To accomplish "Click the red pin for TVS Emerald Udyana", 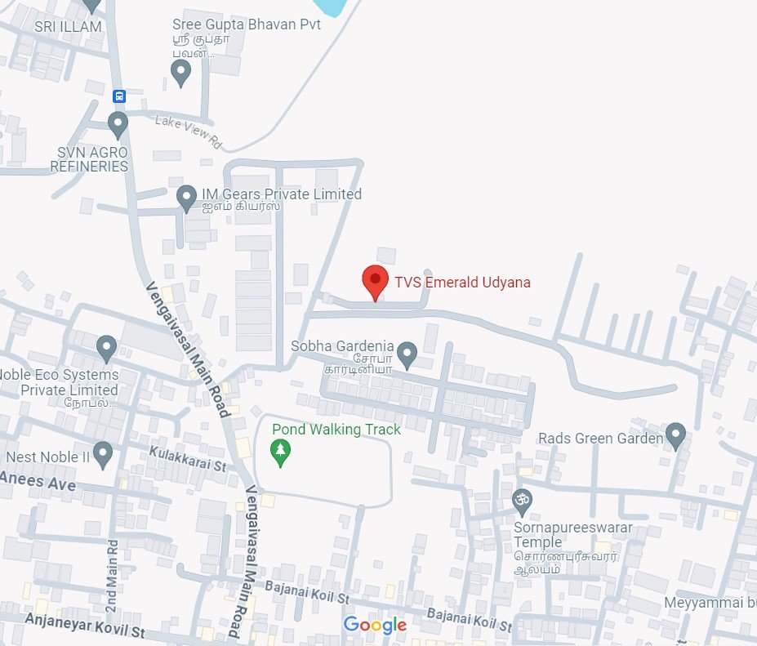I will (x=375, y=282).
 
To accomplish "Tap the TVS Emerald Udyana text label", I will (x=462, y=283).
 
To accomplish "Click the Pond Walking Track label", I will (x=336, y=430).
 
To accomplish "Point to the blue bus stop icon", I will (x=119, y=96).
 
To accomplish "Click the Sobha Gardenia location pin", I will (x=407, y=354).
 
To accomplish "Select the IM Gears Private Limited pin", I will (x=186, y=196).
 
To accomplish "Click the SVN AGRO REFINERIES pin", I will (x=118, y=125).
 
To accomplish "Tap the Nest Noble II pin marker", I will (x=102, y=453).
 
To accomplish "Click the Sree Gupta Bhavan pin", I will (x=181, y=73).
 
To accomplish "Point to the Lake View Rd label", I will (x=189, y=131).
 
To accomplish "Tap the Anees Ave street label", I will (x=38, y=482).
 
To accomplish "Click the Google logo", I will (x=375, y=626).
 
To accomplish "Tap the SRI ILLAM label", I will (x=68, y=27).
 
